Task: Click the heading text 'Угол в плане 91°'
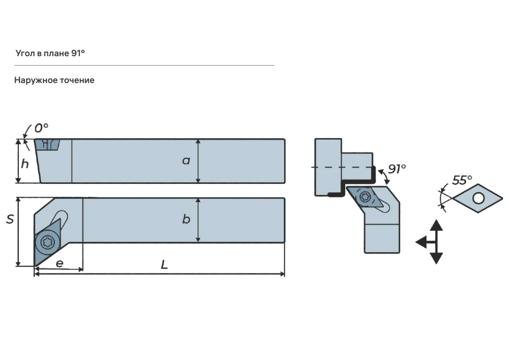point(50,53)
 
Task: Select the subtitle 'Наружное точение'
point(54,80)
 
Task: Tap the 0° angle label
point(41,128)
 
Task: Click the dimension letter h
point(25,164)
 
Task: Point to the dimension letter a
point(186,161)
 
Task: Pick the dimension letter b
point(186,219)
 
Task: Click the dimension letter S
point(10,219)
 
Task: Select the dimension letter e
point(60,263)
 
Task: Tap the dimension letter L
point(165,264)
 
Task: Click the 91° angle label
point(397,169)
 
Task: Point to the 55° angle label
point(462,180)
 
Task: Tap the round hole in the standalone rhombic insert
point(478,198)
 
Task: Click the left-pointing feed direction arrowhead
point(421,242)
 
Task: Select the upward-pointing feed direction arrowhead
point(436,225)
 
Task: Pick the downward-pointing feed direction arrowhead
point(436,259)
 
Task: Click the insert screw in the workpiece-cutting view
point(365,197)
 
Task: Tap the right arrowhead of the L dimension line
point(282,274)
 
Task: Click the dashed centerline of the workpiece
point(342,167)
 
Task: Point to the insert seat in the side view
point(48,145)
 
